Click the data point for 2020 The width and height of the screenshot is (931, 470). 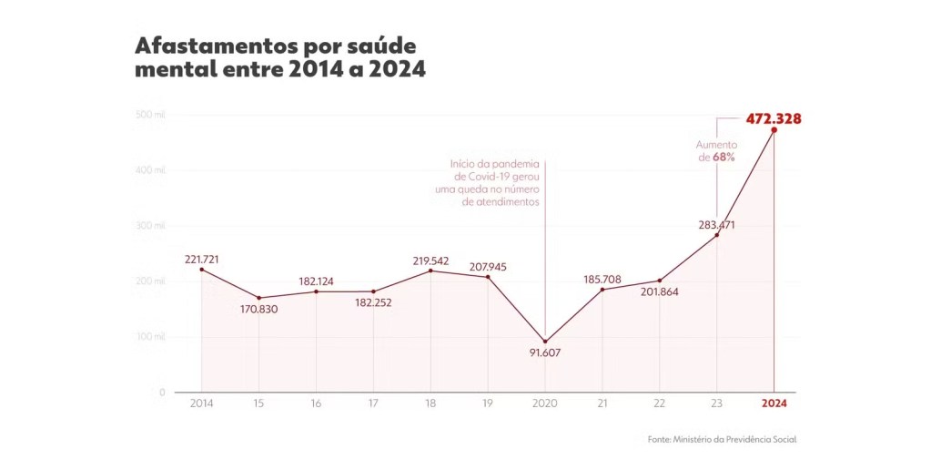[545, 342]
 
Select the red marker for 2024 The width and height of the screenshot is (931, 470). [774, 130]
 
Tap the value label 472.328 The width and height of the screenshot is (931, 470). [774, 118]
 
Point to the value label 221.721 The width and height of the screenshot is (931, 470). [202, 259]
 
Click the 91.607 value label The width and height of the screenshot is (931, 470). [545, 352]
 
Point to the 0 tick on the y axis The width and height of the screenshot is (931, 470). [162, 393]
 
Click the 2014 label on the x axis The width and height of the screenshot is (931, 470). [202, 404]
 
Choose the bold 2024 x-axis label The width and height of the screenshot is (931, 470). [774, 404]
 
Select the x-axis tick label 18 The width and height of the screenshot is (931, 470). [430, 404]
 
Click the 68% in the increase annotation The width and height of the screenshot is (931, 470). [724, 158]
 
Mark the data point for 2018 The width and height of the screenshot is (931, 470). [430, 271]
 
